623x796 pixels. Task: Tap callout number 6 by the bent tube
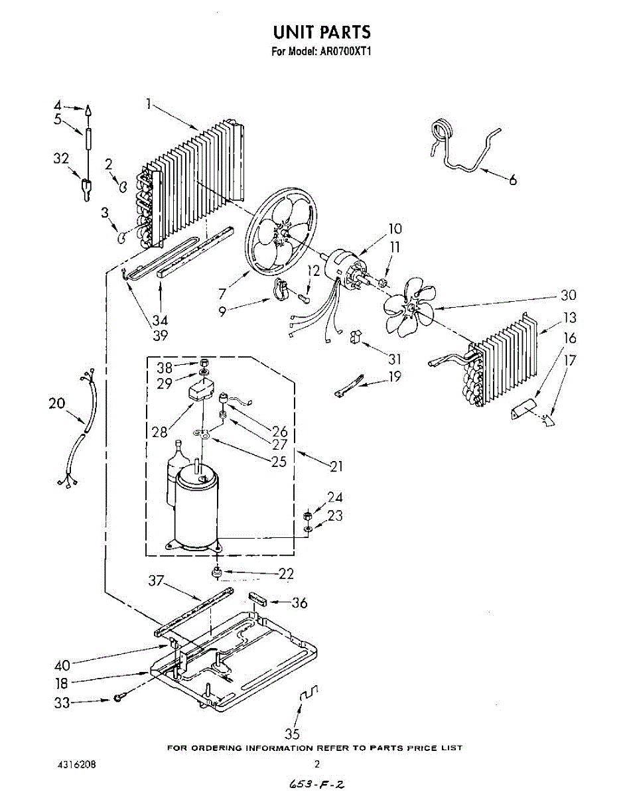(513, 179)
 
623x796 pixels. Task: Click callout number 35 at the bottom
(292, 734)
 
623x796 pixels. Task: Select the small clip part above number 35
(309, 695)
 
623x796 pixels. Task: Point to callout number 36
(300, 603)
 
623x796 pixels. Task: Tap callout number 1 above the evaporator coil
(149, 103)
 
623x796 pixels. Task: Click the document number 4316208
(77, 764)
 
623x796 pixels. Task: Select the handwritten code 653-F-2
(316, 785)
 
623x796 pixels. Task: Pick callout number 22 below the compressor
(286, 574)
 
